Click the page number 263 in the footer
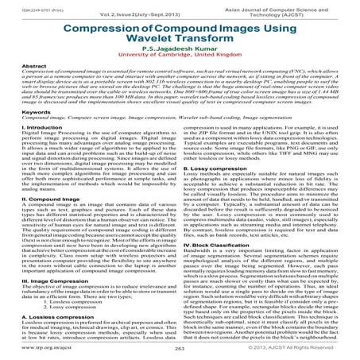point(180,349)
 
